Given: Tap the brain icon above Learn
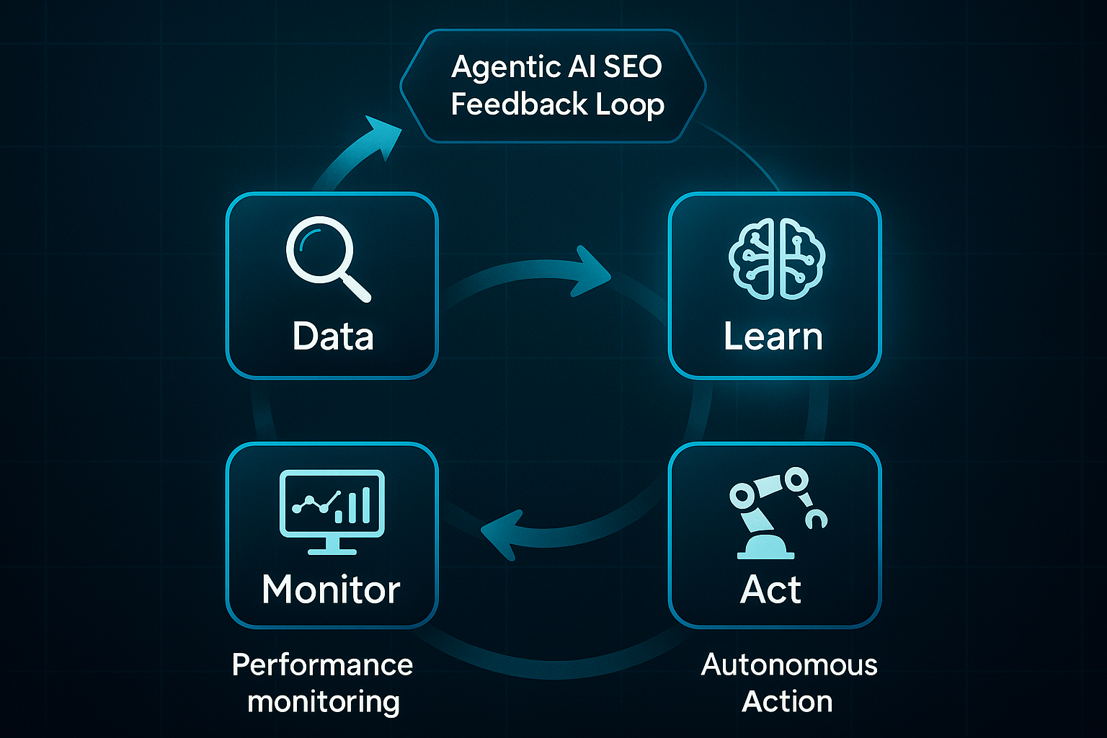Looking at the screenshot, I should pos(775,259).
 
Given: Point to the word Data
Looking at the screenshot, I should pos(333,337).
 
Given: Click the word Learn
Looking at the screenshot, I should pos(773,337).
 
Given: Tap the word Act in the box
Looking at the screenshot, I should pos(770,590).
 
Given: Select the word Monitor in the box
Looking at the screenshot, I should pos(331,590).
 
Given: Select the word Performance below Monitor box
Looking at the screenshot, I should pos(322,664).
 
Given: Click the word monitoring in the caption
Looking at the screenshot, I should pos(323,701).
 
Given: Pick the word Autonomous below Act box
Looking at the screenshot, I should pos(789,664).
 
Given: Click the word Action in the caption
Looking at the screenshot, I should pos(787,701).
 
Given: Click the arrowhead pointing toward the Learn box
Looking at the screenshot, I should pos(591,272).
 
